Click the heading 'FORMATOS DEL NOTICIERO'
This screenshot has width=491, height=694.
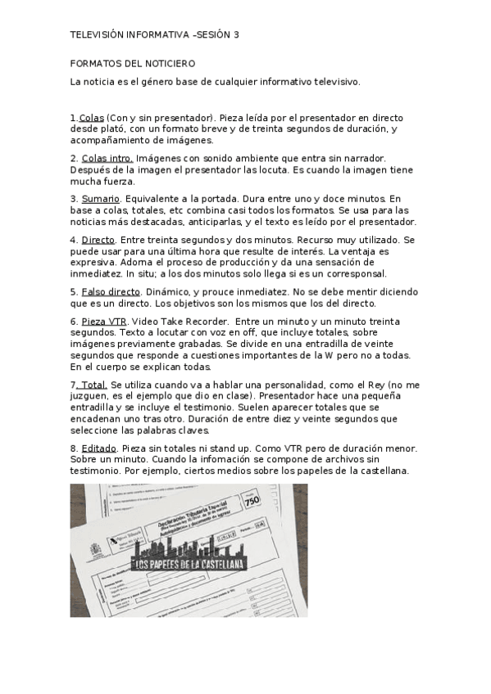click(x=132, y=62)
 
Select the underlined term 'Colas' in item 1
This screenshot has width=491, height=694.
click(x=91, y=118)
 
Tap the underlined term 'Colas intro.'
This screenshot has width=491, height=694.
click(x=107, y=157)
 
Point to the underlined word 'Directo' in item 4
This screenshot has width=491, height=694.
click(x=98, y=240)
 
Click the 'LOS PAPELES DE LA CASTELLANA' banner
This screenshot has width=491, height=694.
click(x=193, y=564)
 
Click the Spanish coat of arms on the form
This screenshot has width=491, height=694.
click(x=112, y=540)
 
